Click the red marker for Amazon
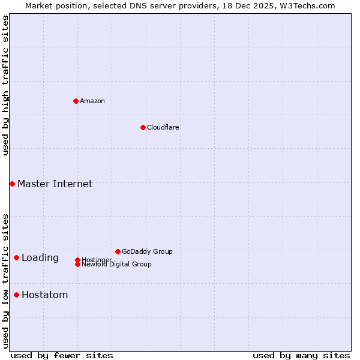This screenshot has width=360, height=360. point(76,101)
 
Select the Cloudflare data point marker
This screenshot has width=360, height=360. point(143,127)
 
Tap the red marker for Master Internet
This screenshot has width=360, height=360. point(12,184)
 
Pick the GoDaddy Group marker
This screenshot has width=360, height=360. point(118,251)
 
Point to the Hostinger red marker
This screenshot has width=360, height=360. point(77,260)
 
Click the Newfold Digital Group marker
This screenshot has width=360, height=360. point(77,264)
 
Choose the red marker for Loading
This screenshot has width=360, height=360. point(16,257)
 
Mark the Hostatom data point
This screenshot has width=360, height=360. point(16,295)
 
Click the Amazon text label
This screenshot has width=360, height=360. point(92,101)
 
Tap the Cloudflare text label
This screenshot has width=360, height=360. point(163,127)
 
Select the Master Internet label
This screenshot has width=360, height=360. point(55,184)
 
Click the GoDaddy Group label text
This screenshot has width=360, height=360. point(147,251)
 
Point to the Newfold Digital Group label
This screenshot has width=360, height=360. point(117,265)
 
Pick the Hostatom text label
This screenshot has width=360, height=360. point(44,295)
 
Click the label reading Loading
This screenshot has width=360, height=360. point(40,257)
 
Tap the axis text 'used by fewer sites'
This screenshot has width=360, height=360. point(62,355)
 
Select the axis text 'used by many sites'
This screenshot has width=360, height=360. point(301,355)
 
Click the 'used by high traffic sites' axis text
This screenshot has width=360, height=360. point(5,85)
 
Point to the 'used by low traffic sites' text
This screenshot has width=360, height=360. point(5,280)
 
